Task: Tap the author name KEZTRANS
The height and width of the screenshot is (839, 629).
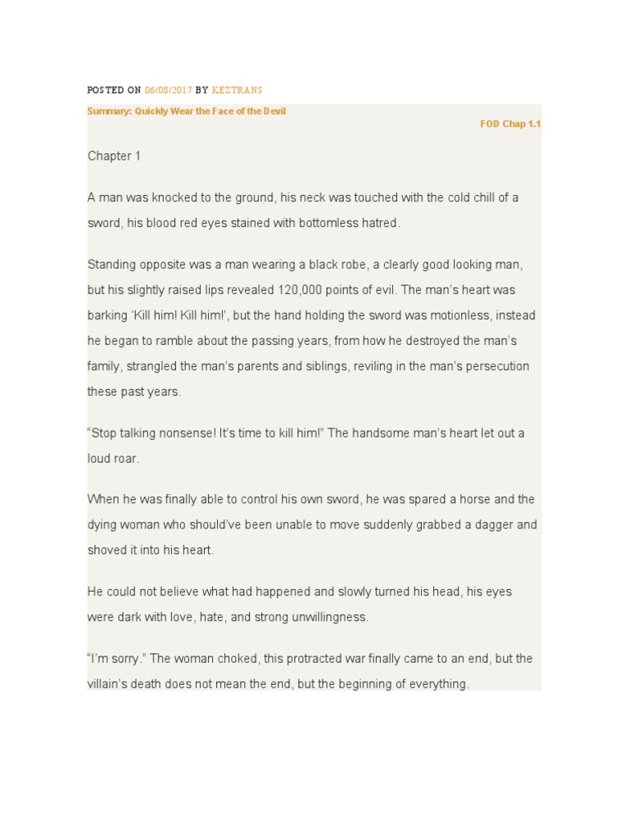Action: pyautogui.click(x=237, y=89)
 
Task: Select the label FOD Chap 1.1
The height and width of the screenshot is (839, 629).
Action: pyautogui.click(x=510, y=124)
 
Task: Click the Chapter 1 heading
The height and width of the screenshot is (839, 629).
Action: pyautogui.click(x=114, y=156)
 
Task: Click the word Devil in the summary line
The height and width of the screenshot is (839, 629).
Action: pyautogui.click(x=273, y=111)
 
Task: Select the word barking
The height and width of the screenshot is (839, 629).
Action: pyautogui.click(x=107, y=315)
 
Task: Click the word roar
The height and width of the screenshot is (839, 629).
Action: pyautogui.click(x=126, y=459)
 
